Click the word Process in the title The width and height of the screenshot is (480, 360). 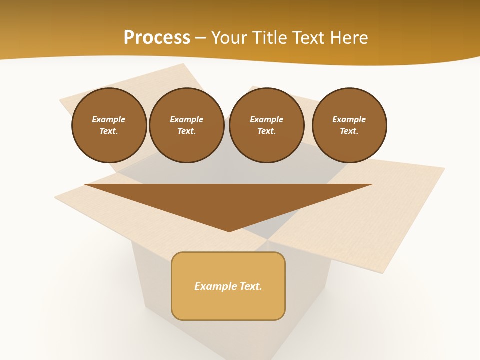(x=157, y=38)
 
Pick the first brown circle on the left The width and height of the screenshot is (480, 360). (x=109, y=125)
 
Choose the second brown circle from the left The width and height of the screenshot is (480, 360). (x=186, y=125)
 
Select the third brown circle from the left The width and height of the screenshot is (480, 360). (x=266, y=125)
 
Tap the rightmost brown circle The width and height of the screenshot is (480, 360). (x=349, y=125)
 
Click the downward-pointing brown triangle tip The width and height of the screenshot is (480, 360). (x=229, y=230)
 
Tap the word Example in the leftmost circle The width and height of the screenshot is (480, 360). (x=109, y=120)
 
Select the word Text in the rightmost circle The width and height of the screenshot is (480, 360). (x=349, y=131)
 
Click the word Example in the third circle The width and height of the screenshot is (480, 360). (x=266, y=120)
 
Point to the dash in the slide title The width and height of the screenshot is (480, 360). (x=200, y=38)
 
